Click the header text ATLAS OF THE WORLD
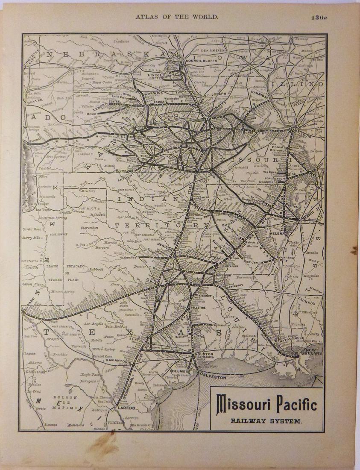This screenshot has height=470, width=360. pyautogui.click(x=177, y=17)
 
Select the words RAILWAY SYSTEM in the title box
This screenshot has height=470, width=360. pyautogui.click(x=266, y=420)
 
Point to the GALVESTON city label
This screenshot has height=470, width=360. pyautogui.click(x=212, y=377)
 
